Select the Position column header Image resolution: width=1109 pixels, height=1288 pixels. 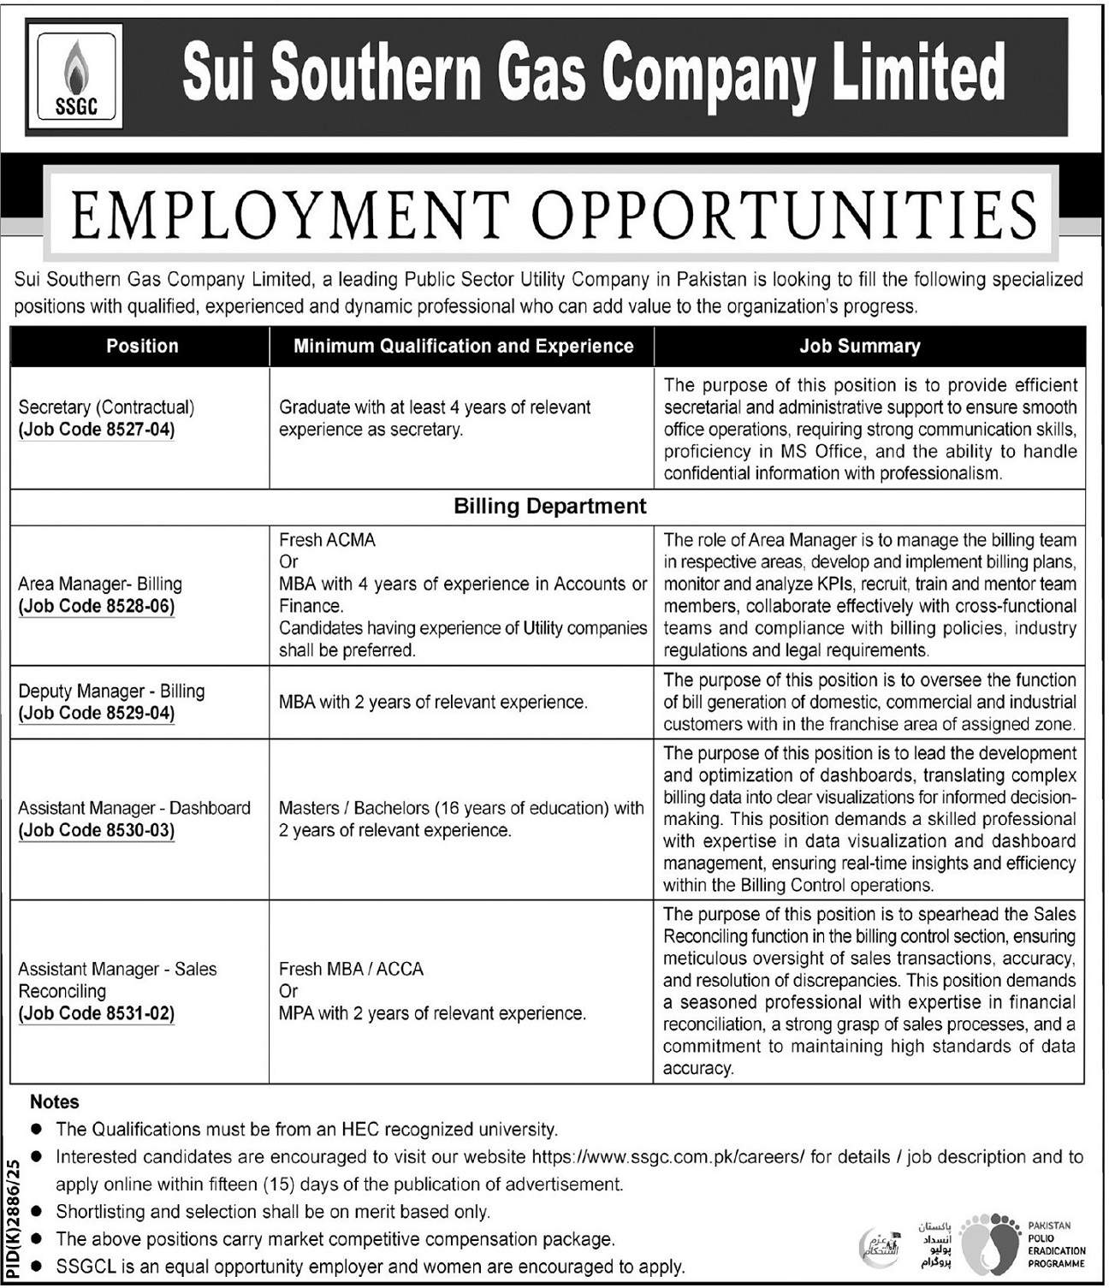tap(142, 347)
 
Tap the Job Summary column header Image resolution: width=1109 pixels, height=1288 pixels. tap(859, 347)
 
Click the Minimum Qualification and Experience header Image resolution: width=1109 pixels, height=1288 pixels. tap(463, 347)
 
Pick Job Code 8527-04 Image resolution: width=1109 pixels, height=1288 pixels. tap(97, 430)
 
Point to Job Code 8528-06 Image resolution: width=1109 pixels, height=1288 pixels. tap(97, 607)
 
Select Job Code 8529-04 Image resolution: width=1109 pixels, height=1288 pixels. tap(97, 714)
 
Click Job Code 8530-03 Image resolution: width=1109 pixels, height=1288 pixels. tap(97, 831)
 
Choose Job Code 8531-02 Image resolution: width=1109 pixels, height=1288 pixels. tap(97, 1014)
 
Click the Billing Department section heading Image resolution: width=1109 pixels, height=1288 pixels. tap(549, 507)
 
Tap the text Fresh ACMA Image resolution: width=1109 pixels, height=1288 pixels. tap(327, 540)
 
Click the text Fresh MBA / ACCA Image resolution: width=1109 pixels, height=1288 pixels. tap(351, 970)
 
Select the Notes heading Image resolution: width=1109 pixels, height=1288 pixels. tap(54, 1102)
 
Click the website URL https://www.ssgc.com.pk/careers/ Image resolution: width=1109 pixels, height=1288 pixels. tap(668, 1157)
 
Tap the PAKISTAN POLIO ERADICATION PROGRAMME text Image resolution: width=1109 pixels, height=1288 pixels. tap(1056, 1244)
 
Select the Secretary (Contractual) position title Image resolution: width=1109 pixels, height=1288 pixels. tap(106, 407)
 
